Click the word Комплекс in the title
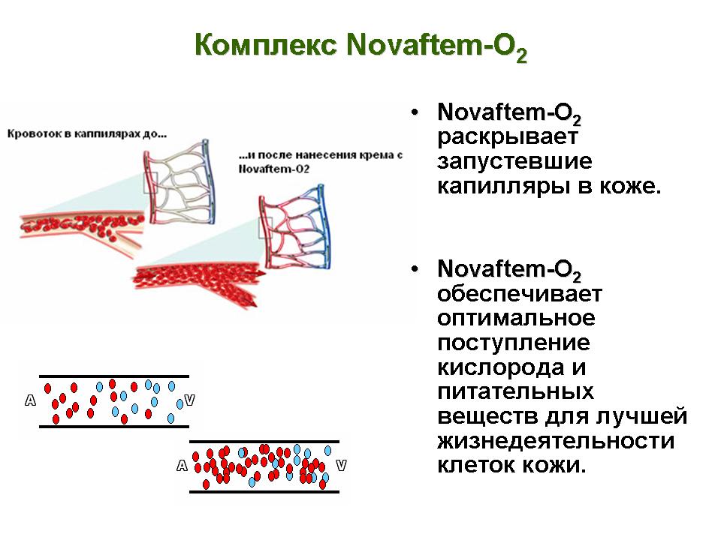tap(266, 44)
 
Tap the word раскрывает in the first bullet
tap(507, 137)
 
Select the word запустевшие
tap(514, 161)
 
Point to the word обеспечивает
tap(520, 294)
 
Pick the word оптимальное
tap(516, 318)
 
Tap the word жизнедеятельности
tap(556, 441)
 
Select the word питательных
tap(515, 391)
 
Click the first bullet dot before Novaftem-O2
tap(415, 112)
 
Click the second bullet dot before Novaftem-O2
tap(415, 268)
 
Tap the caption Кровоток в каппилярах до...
tap(87, 134)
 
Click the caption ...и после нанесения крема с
tap(321, 155)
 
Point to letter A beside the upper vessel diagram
tap(30, 400)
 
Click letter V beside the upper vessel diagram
tap(189, 400)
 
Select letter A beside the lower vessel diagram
tap(182, 466)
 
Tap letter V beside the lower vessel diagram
tap(341, 466)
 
